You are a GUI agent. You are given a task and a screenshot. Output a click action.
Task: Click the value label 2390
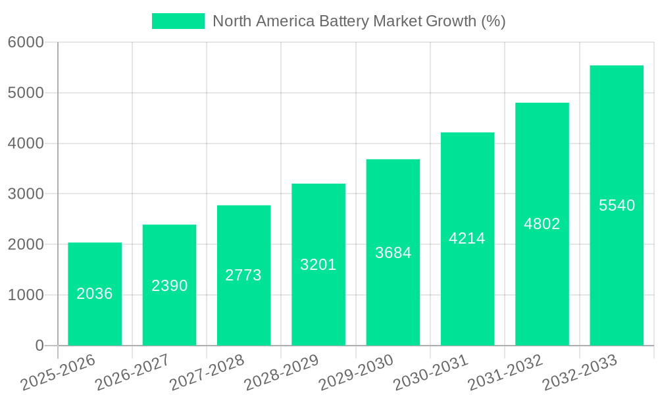[170, 286]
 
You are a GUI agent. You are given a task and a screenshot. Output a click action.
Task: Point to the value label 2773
[243, 275]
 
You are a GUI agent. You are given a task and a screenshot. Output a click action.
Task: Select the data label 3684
[393, 252]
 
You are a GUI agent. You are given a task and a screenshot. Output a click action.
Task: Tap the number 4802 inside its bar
[542, 224]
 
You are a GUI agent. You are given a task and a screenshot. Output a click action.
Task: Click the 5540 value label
[617, 205]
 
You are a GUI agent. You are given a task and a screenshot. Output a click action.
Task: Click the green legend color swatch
[178, 21]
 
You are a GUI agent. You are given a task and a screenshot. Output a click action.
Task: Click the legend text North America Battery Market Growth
[359, 21]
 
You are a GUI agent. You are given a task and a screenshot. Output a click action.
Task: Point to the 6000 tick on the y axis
[26, 42]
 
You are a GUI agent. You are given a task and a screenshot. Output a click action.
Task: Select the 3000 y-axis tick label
[26, 194]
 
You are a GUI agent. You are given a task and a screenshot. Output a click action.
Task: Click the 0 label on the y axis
[39, 346]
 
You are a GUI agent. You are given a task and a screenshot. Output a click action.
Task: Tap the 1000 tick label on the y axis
[26, 295]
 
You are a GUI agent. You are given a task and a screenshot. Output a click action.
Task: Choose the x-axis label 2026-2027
[132, 373]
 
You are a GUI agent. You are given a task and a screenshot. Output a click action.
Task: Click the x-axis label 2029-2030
[355, 373]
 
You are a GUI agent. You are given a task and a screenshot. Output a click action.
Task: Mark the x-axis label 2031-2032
[505, 373]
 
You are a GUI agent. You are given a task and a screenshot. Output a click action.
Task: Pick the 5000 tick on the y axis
[26, 93]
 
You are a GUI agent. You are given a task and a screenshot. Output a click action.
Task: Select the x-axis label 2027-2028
[207, 373]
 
